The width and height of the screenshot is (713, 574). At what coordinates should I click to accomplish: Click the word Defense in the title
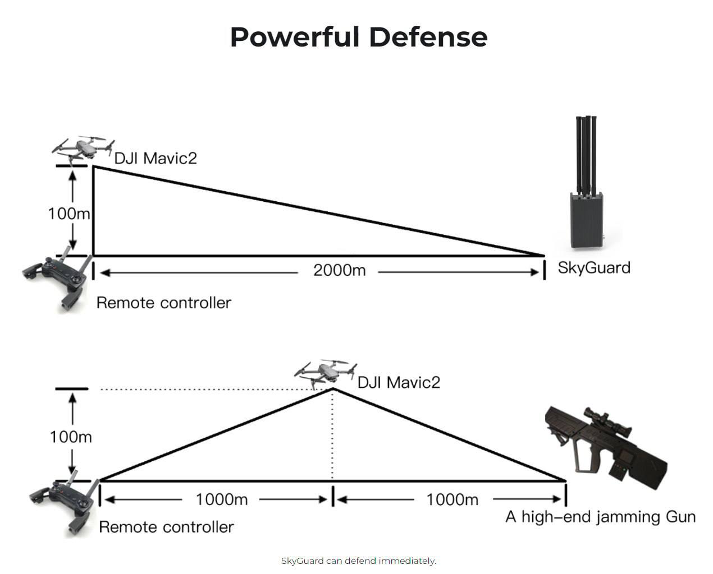click(x=428, y=37)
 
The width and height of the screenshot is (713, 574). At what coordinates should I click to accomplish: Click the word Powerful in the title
click(x=295, y=37)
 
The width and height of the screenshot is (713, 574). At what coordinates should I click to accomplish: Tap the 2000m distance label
click(x=339, y=270)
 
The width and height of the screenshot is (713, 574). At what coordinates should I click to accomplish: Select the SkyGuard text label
click(x=594, y=267)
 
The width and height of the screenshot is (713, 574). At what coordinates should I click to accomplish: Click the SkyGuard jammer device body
click(x=586, y=220)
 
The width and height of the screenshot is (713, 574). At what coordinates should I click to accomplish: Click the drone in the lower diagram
click(x=326, y=371)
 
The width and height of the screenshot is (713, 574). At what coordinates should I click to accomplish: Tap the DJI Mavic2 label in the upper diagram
click(x=156, y=158)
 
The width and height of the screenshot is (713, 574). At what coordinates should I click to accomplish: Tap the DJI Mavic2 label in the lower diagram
click(x=399, y=382)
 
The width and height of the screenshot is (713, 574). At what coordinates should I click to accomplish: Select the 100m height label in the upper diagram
click(x=68, y=214)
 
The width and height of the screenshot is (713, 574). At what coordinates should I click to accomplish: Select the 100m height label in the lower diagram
click(x=71, y=437)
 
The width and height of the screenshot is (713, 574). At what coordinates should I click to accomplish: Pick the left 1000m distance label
click(x=221, y=499)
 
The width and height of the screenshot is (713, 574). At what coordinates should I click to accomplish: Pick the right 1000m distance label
click(x=452, y=499)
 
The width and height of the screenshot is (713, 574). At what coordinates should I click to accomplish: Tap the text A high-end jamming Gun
click(x=600, y=516)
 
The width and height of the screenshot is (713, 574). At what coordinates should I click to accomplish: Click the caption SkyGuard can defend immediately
click(x=358, y=561)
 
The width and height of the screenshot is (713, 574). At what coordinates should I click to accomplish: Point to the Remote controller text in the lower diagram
click(x=166, y=527)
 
